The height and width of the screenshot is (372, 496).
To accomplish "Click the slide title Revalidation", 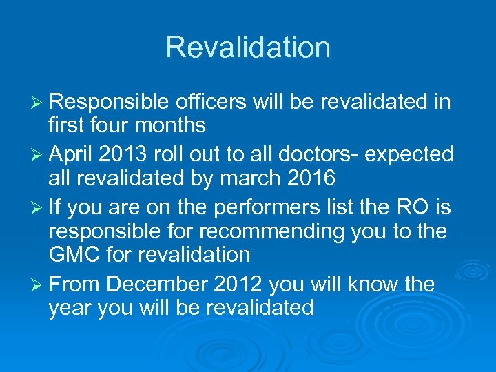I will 248,48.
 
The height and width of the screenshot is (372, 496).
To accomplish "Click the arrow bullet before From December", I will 37,283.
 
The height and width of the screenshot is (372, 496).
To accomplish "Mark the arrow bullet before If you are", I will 37,205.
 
